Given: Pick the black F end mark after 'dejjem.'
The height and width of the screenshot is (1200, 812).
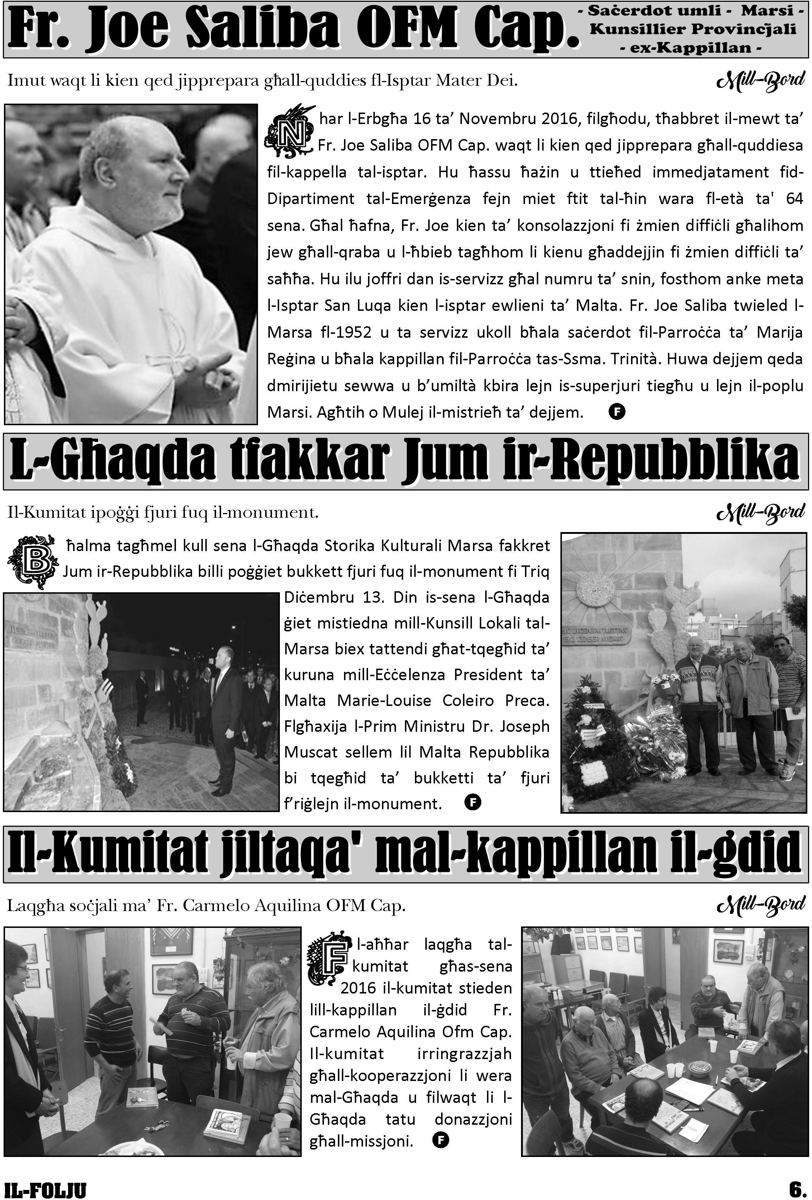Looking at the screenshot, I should click(x=617, y=412).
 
